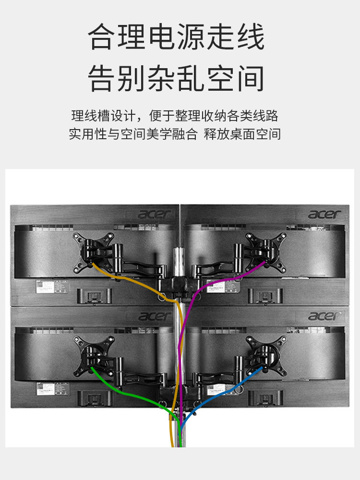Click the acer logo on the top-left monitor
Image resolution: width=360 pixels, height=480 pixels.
[155, 214]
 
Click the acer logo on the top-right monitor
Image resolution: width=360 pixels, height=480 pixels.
[325, 214]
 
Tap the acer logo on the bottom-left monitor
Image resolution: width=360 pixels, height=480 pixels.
[155, 316]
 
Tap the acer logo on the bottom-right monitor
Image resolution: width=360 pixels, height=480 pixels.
[325, 316]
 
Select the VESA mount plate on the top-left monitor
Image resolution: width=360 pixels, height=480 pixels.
[93, 250]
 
